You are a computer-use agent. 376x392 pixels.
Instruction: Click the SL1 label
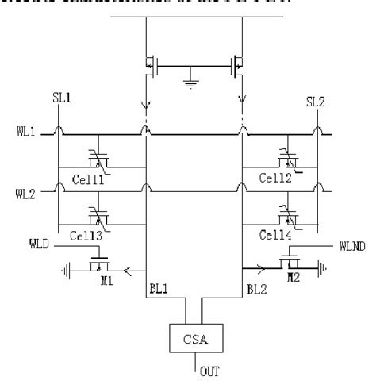[57, 102]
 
